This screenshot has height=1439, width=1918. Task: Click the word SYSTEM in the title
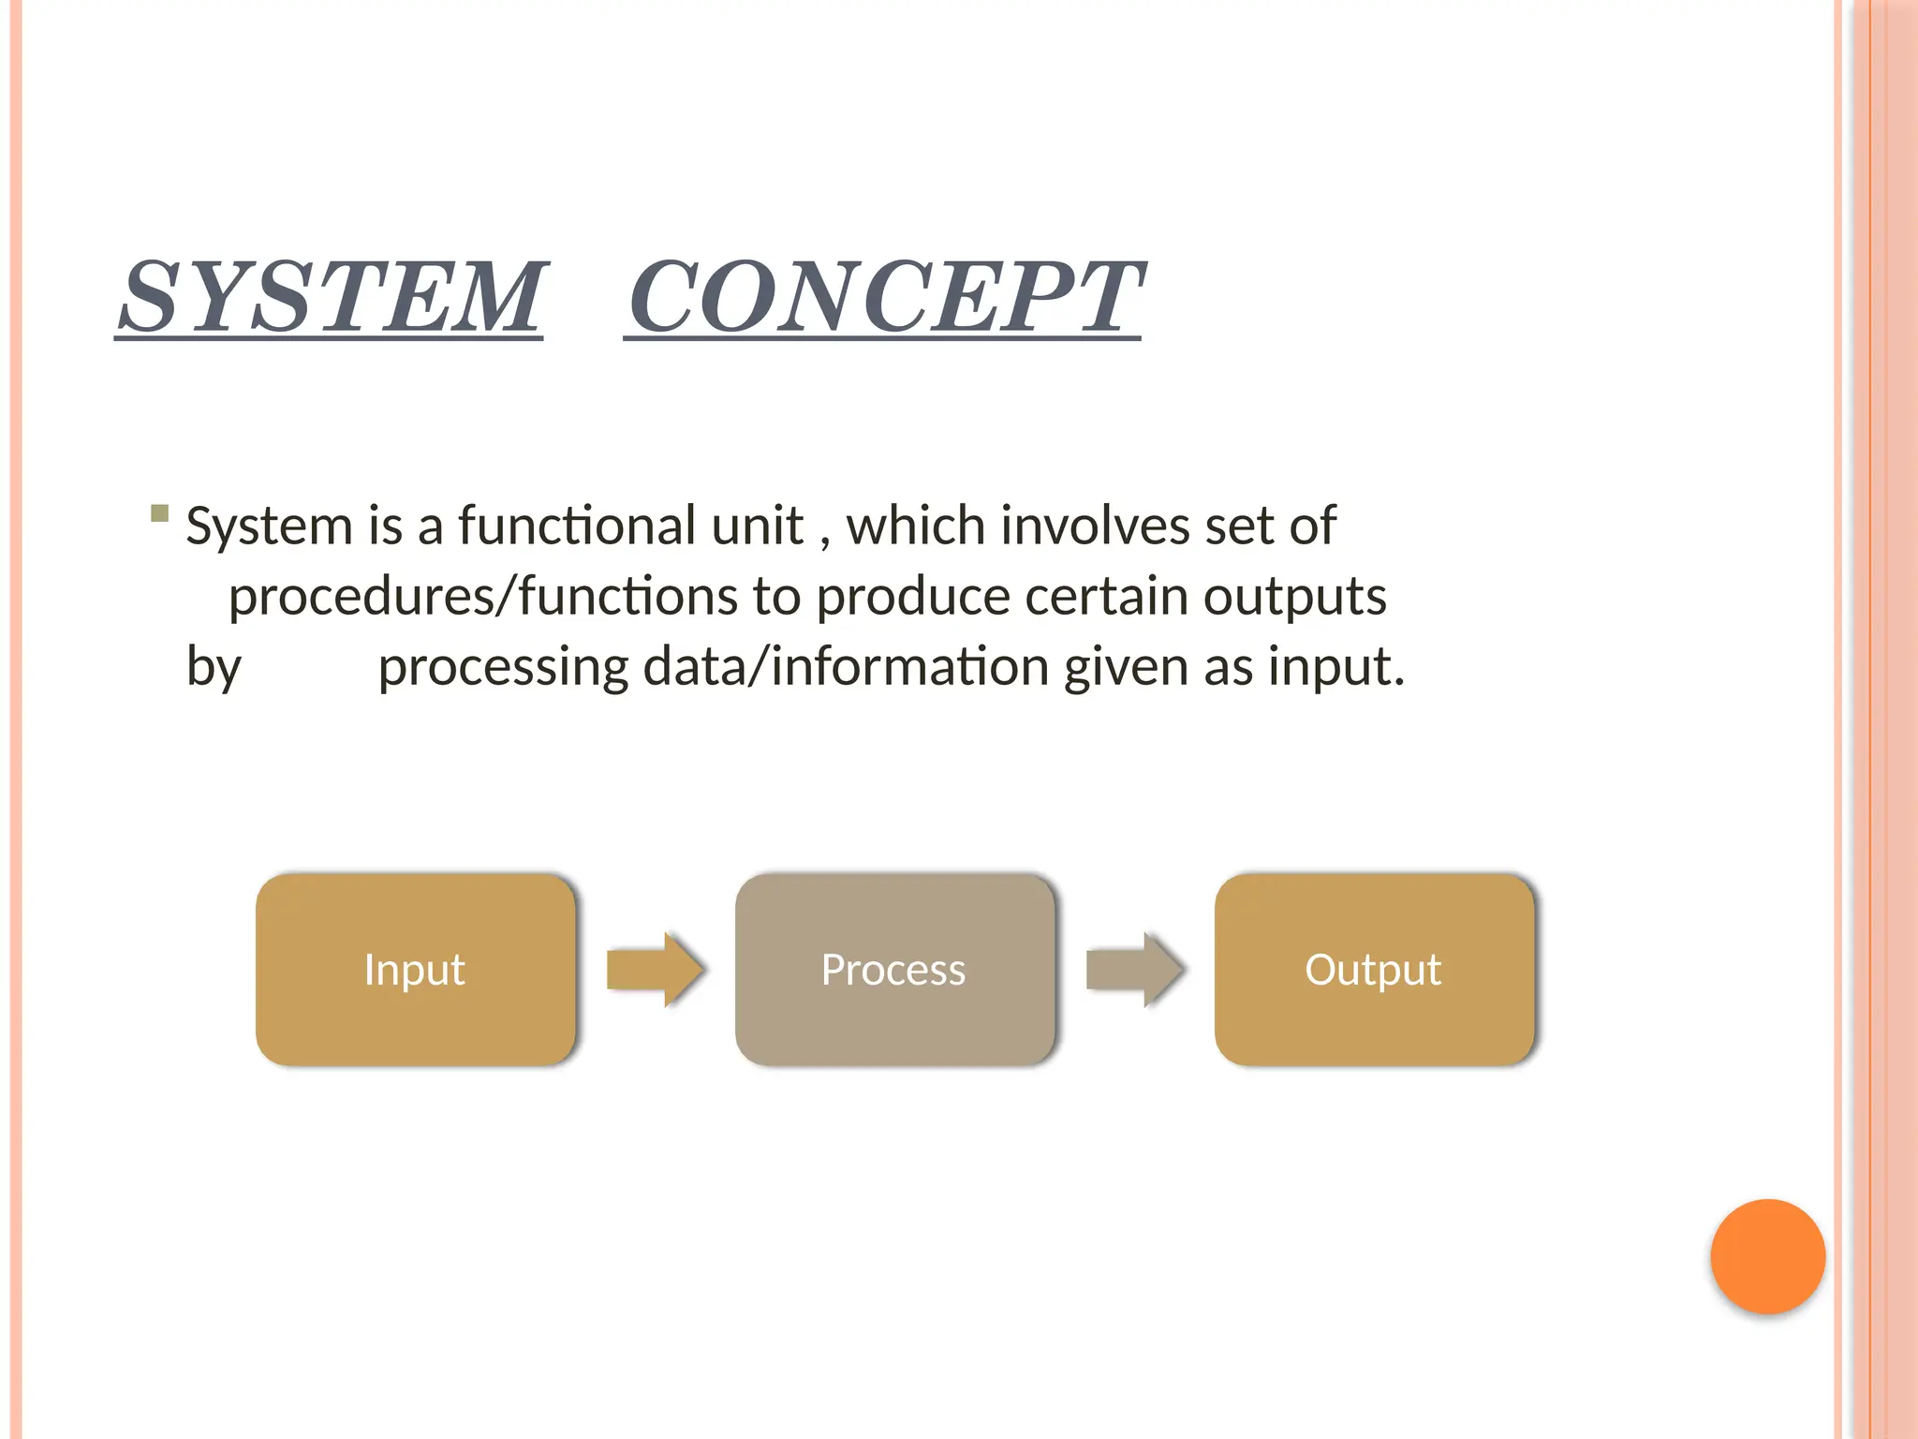coord(330,297)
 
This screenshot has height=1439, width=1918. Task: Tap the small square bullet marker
coord(159,513)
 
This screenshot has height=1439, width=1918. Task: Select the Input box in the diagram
coord(415,970)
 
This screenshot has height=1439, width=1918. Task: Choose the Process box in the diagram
coord(894,970)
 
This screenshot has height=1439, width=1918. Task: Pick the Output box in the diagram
coord(1374,970)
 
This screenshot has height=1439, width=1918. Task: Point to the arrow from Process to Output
coord(1134,970)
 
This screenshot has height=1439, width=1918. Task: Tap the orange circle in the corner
coord(1767,1256)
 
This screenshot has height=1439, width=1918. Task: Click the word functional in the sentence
coord(630,526)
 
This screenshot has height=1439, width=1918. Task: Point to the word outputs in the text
coord(1294,597)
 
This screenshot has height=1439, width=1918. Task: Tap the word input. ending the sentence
coord(1336,669)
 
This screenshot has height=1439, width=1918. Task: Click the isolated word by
coord(214,669)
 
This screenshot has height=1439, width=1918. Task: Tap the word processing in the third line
coord(503,669)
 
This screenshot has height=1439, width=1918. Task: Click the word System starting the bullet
coord(269,527)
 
